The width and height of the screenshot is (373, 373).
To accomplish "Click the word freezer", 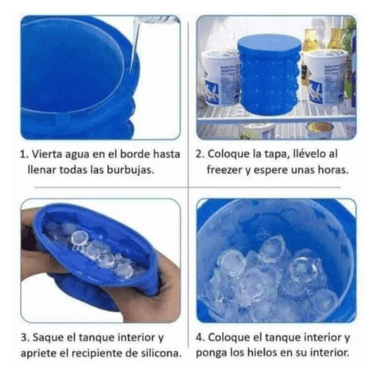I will pos(226,170).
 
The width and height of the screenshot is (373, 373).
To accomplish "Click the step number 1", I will pos(23,155).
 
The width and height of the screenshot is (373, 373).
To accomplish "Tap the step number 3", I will pos(23,337).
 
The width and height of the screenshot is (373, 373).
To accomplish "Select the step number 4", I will pos(200,337).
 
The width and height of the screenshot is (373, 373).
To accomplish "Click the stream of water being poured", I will pos(134,45).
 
